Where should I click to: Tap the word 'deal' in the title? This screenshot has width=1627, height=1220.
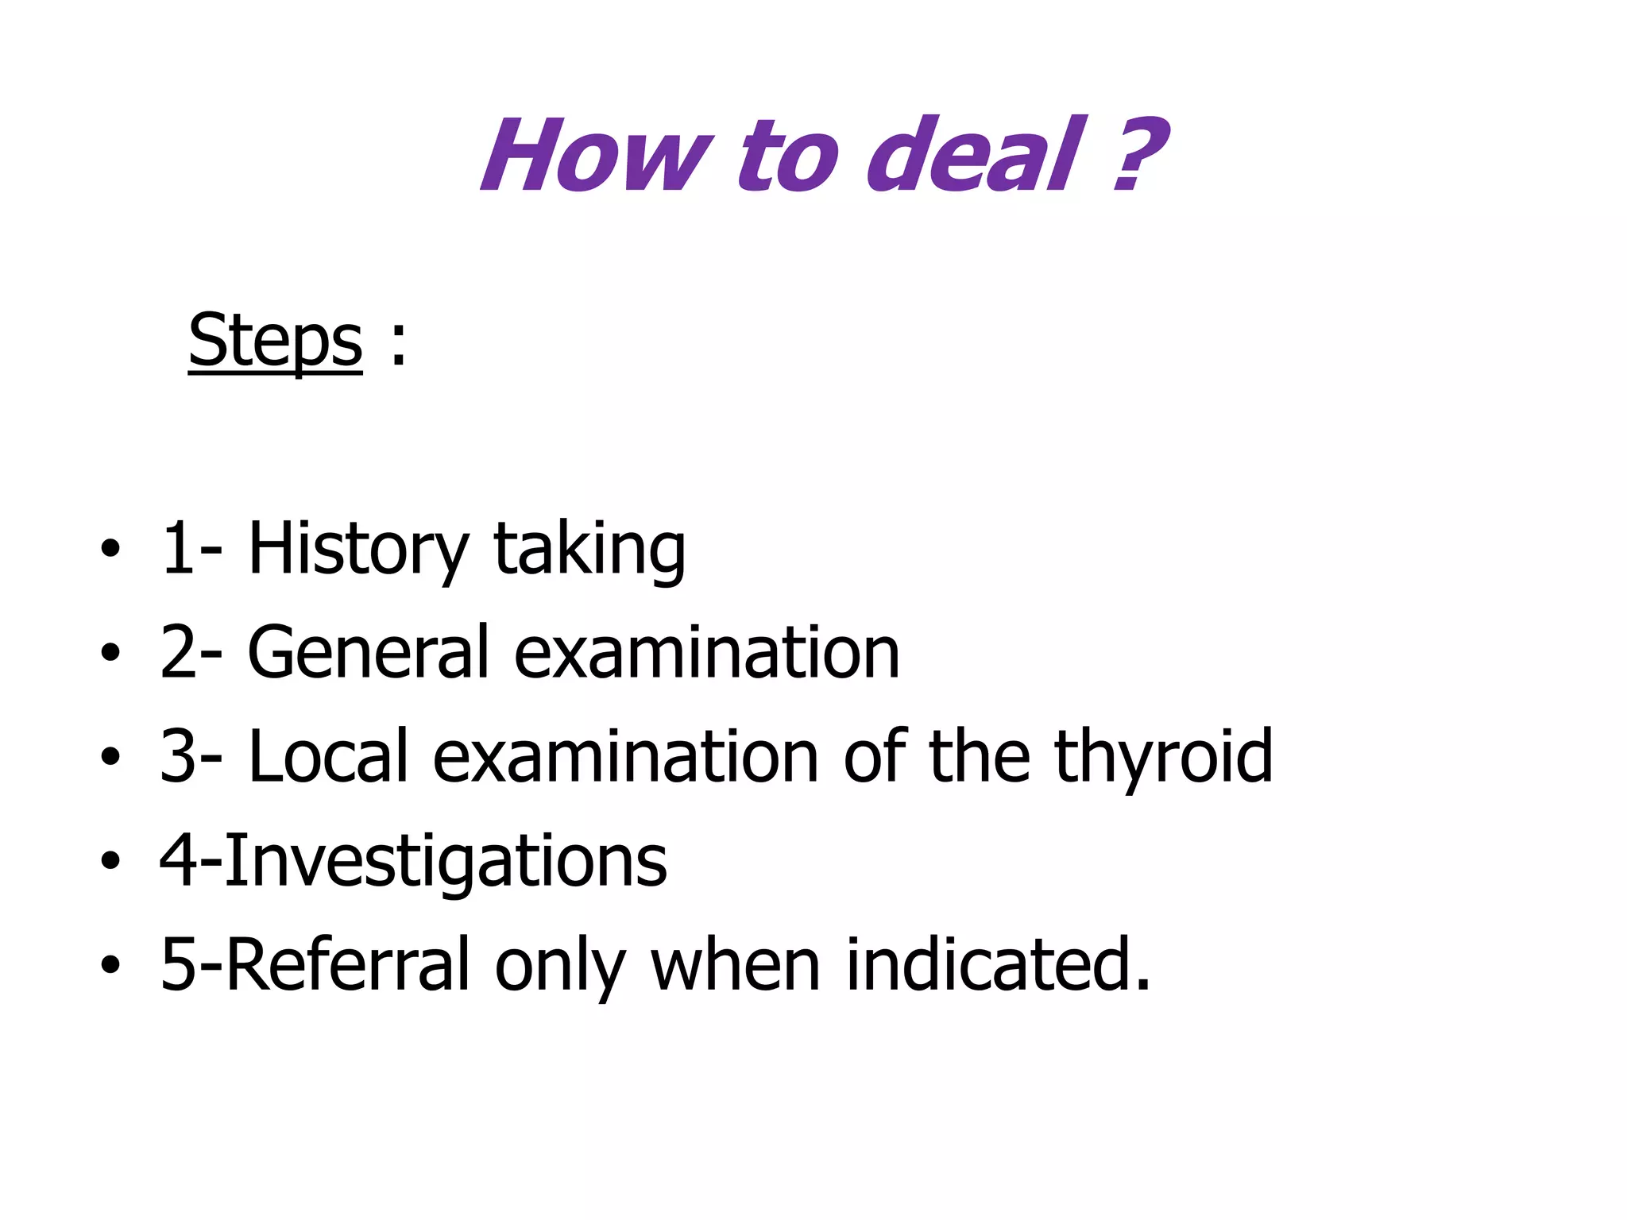(x=974, y=155)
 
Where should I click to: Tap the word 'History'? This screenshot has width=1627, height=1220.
(x=358, y=549)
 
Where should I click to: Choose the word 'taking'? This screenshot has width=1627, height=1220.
(x=589, y=550)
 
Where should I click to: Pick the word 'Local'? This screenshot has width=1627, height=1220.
(x=327, y=756)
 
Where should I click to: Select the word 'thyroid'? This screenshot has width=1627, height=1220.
(x=1163, y=758)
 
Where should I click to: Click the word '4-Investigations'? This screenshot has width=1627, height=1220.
(x=413, y=861)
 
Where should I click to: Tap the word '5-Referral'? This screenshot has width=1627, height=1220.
(x=315, y=964)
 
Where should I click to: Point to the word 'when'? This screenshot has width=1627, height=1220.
(x=736, y=964)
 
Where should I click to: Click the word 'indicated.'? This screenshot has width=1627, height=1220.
(x=998, y=964)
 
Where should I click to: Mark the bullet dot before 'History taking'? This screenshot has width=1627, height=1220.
(x=110, y=549)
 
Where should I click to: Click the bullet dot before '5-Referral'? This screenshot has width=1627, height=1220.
(x=110, y=964)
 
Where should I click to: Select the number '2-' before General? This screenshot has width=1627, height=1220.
(x=191, y=652)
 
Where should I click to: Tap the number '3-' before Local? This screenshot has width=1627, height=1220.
(x=191, y=756)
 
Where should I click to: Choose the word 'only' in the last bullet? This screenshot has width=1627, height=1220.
(x=560, y=966)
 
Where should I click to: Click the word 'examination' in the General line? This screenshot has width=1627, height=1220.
(x=707, y=652)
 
